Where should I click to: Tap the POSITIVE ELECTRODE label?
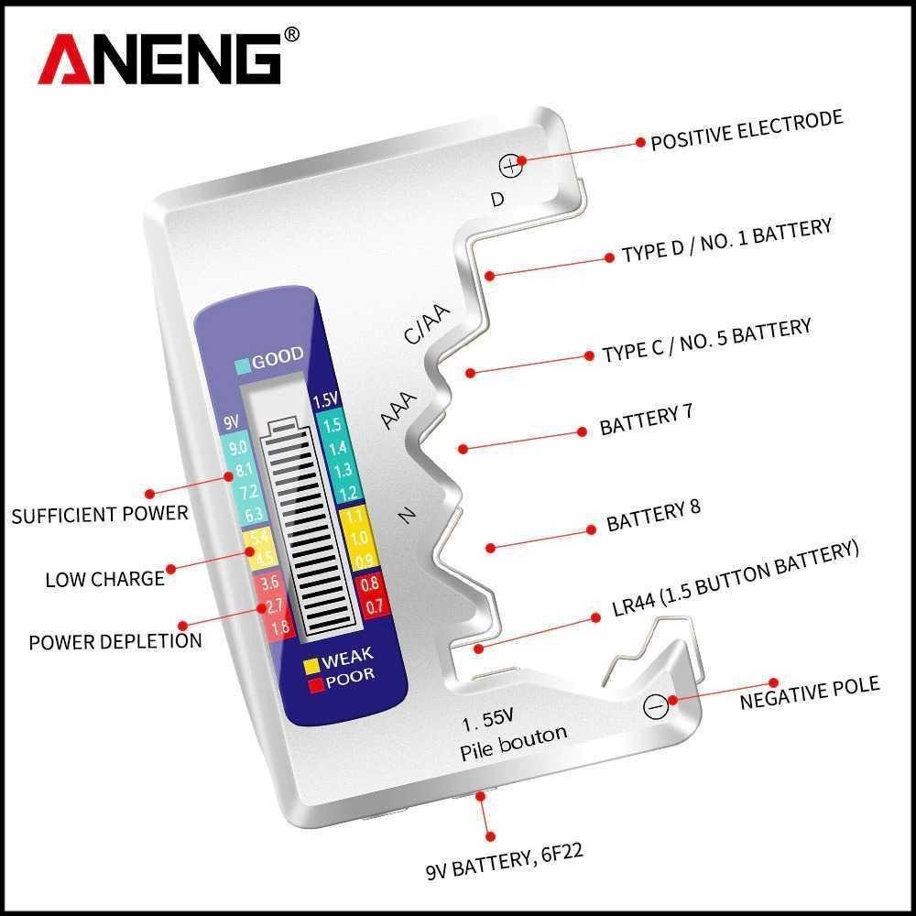[746, 131]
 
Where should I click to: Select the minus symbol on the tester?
[654, 706]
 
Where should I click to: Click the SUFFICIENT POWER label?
[99, 513]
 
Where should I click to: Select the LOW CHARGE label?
[104, 579]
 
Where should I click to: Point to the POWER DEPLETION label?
[114, 639]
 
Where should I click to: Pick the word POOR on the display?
[349, 679]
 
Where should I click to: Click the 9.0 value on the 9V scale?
[238, 448]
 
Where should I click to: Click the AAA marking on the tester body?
[399, 409]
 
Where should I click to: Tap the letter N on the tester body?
[409, 517]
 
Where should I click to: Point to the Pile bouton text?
[513, 740]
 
